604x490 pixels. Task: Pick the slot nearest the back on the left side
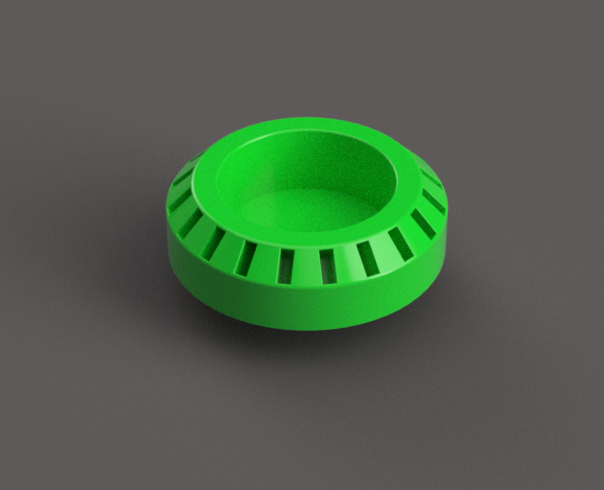click(182, 177)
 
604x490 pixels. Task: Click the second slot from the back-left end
click(181, 199)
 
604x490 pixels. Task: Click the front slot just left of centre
click(285, 266)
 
